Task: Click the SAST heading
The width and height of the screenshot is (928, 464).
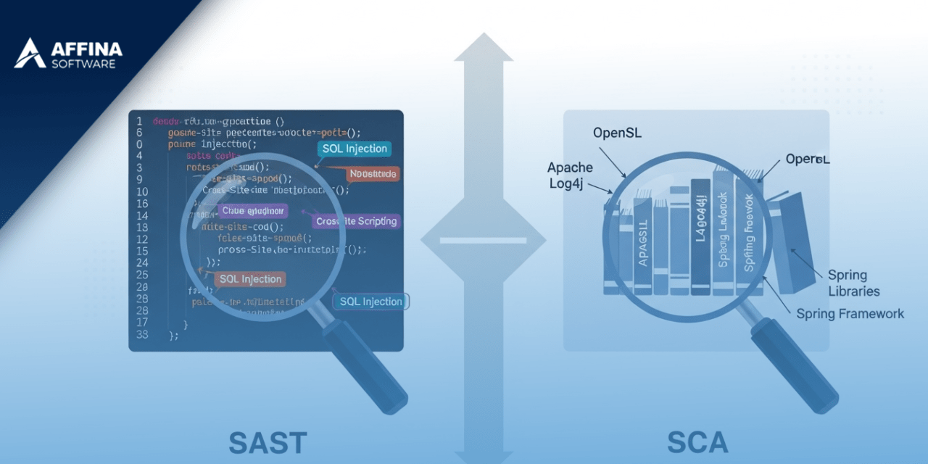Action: (268, 442)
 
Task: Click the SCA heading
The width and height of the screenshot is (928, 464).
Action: (697, 442)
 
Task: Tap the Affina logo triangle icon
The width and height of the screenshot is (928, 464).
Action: (30, 54)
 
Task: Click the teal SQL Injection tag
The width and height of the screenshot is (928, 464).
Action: (355, 149)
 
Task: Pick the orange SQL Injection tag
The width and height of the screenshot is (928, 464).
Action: (251, 279)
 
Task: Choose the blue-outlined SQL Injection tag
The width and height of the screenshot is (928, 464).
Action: (370, 302)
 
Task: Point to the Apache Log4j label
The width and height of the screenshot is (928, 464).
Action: (570, 175)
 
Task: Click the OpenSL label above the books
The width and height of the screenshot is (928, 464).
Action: (617, 133)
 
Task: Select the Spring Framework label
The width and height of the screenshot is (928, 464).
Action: (850, 313)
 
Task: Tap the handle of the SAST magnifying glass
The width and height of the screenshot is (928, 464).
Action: (367, 367)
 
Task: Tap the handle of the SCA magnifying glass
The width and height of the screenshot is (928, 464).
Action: (795, 367)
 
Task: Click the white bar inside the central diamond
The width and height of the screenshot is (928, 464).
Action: (483, 240)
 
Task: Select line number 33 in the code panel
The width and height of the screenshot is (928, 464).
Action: (142, 334)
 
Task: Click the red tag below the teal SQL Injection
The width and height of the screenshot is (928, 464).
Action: (373, 174)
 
